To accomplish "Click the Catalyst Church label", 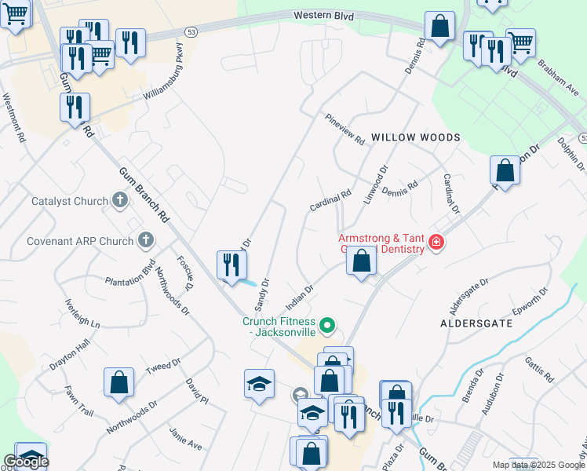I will [x=69, y=201].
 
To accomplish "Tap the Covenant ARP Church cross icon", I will [x=145, y=239].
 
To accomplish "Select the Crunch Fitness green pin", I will [x=329, y=323].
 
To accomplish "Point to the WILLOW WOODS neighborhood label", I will [x=416, y=137].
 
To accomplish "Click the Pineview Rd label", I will [x=346, y=129].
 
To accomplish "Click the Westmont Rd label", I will [x=13, y=118].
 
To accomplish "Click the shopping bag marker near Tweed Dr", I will [x=118, y=382].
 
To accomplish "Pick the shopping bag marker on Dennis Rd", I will [x=440, y=26].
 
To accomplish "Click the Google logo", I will [x=26, y=462].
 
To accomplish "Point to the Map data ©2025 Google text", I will [x=538, y=465].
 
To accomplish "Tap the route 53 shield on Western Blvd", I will [x=191, y=31].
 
